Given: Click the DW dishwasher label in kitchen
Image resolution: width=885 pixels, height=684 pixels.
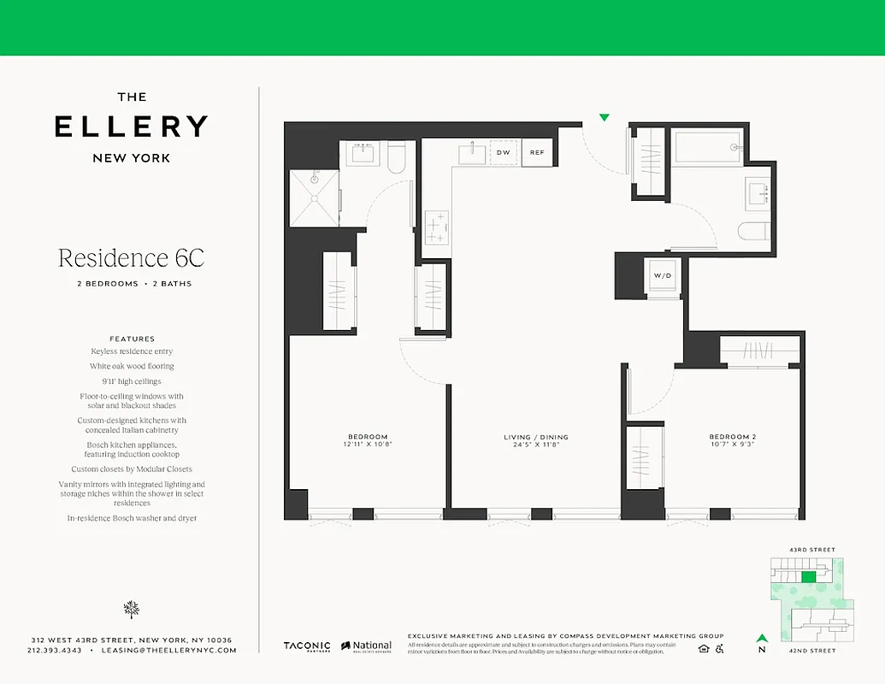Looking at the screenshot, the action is point(504,153).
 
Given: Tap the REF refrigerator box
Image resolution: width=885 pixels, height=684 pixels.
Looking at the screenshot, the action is point(537,153).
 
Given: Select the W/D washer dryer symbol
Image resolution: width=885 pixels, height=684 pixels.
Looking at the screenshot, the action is point(663,276).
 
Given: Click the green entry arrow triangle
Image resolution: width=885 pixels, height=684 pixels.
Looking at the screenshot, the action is point(605,117).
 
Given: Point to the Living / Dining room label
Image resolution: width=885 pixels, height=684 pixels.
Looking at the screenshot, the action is point(535,438).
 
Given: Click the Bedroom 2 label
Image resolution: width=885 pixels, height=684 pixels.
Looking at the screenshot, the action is point(732,437).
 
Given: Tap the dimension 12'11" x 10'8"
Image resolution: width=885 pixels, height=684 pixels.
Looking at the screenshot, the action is point(367,445).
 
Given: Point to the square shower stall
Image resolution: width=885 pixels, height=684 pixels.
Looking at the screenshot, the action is point(314,198).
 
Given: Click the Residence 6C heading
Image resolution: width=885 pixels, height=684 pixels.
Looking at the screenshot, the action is point(131,257).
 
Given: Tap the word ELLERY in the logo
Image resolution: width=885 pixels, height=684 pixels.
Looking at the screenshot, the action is point(131,127).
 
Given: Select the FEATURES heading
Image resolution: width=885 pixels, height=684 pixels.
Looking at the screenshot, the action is point(132,339).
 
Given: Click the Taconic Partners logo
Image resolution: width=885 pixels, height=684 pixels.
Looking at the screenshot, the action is point(307,646).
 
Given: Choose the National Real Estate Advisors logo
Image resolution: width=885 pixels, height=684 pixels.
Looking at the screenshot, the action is point(367,647).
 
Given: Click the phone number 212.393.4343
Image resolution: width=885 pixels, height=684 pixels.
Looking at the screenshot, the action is point(55,651).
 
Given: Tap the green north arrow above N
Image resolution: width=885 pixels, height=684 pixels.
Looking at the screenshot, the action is point(761,637).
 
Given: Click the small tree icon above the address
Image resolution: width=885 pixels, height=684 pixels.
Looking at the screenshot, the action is point(131,609).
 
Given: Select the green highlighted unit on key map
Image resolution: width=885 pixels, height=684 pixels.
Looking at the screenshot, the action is point(808,577).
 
